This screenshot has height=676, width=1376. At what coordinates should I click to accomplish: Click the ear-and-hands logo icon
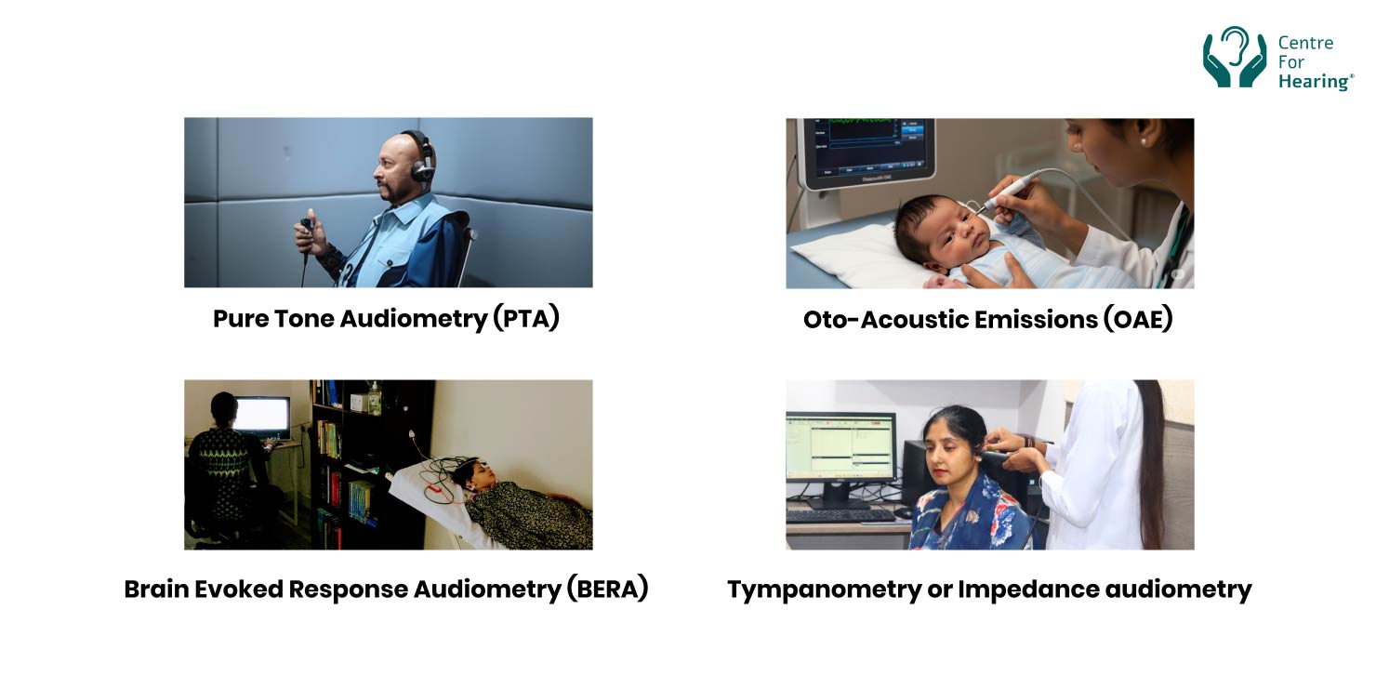pyautogui.click(x=1235, y=58)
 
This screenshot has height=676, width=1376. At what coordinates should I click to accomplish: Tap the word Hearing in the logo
pyautogui.click(x=1314, y=82)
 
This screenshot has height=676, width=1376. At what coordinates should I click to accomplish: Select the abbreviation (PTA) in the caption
pyautogui.click(x=525, y=319)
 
